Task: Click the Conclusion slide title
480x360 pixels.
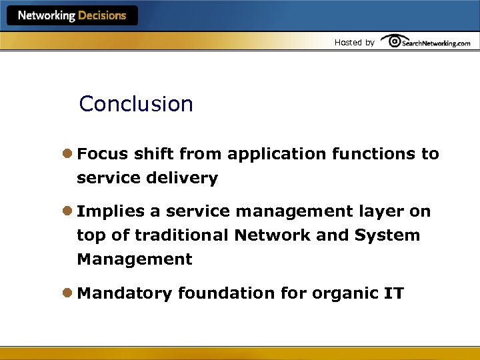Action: click(x=136, y=104)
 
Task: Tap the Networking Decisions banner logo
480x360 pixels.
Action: click(x=72, y=15)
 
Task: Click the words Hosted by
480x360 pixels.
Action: click(x=354, y=43)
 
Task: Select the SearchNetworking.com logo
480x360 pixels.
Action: click(x=426, y=42)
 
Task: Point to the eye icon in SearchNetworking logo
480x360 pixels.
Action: click(x=394, y=41)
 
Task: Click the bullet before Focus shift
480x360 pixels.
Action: click(x=68, y=154)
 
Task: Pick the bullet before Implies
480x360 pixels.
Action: click(x=68, y=211)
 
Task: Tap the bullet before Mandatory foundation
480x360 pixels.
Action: click(x=68, y=293)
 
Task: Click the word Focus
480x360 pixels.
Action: click(x=103, y=154)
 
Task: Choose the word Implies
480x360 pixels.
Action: click(x=111, y=211)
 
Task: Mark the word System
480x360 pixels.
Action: click(x=387, y=235)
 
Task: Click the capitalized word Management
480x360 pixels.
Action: click(x=135, y=259)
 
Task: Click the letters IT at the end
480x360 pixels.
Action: click(x=393, y=293)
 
